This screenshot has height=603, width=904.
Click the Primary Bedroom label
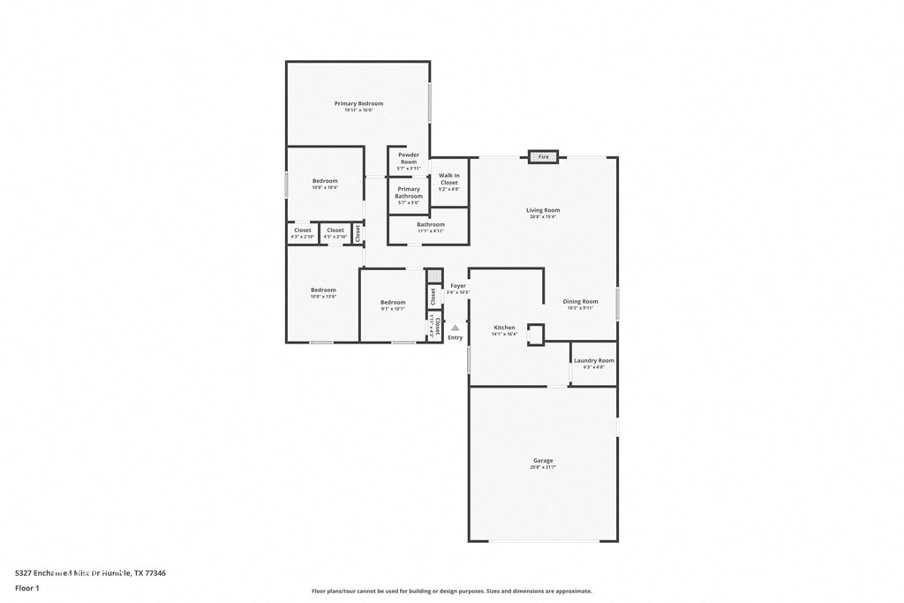(358, 104)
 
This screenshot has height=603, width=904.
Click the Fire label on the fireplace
(544, 157)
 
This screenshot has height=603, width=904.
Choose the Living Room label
(543, 210)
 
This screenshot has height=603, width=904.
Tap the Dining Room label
(580, 302)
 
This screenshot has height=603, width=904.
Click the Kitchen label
(504, 328)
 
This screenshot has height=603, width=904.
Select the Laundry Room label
(593, 360)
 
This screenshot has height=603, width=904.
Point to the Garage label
(543, 461)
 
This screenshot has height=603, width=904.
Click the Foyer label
(458, 286)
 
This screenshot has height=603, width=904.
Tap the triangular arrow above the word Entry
(456, 328)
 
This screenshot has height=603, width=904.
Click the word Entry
(456, 338)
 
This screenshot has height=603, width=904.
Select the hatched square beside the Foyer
(433, 276)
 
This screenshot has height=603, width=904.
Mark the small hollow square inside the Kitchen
(536, 334)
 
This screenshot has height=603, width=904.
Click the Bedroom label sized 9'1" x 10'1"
(393, 302)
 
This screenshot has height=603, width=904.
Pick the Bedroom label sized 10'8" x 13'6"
(323, 290)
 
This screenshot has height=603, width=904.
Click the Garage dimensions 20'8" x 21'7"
(543, 468)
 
